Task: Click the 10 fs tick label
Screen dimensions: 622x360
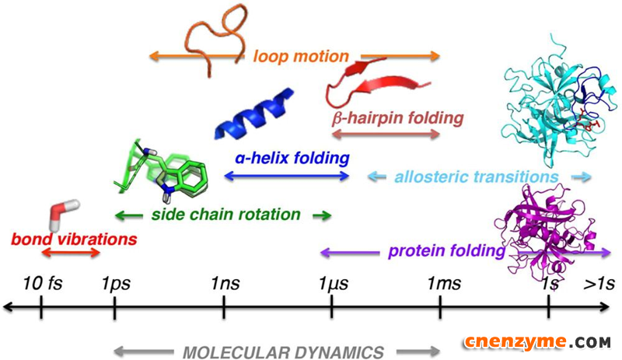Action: (43, 283)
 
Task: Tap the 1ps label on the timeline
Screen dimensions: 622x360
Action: (116, 284)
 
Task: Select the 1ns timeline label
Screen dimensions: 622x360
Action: (225, 283)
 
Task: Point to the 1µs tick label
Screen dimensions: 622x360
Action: (334, 284)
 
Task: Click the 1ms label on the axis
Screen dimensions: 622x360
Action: (444, 283)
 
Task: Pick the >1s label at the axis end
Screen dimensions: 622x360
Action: (599, 283)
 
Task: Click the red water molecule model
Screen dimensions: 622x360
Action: (64, 215)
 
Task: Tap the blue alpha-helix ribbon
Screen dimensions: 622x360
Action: (254, 114)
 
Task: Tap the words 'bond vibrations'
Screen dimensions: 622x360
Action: (74, 239)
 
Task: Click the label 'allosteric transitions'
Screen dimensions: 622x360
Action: (477, 177)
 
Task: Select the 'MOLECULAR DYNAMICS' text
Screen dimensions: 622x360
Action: (283, 352)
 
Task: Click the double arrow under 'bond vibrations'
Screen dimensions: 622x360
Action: (71, 253)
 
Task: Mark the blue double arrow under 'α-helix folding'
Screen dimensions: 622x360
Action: (287, 176)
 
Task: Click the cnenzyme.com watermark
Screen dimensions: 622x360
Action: (537, 342)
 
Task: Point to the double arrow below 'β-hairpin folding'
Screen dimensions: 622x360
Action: (386, 135)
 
